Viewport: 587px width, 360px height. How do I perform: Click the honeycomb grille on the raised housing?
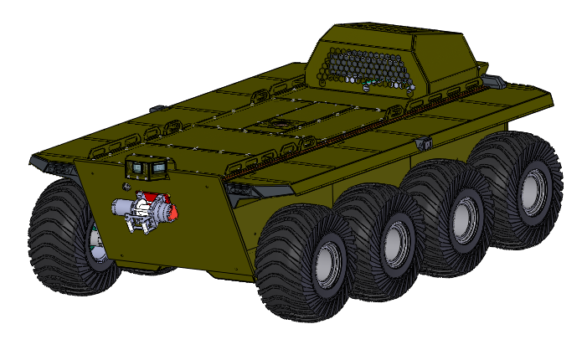tap(368, 66)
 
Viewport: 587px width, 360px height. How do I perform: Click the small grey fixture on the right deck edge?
tap(425, 144)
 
